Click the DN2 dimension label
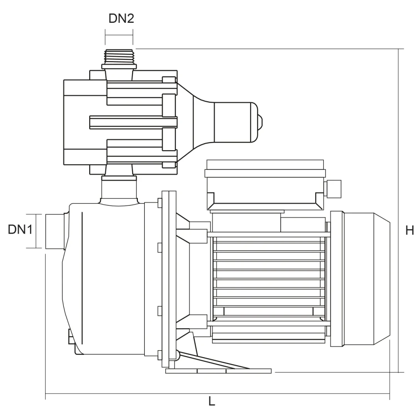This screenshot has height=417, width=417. [121, 19]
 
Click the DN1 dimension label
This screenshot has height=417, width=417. [20, 229]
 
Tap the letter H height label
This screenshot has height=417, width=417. [410, 230]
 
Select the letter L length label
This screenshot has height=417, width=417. [212, 401]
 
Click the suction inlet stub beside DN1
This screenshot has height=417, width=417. [55, 231]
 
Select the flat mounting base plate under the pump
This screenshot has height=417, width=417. [218, 371]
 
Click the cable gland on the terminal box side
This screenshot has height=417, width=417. [333, 189]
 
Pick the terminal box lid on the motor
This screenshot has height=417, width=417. [265, 169]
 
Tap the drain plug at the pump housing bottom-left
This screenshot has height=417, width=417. [71, 336]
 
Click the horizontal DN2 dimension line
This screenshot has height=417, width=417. [119, 37]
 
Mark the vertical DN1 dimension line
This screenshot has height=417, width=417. [36, 231]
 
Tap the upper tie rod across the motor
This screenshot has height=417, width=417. [269, 234]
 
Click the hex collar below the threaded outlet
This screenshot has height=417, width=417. [119, 66]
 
